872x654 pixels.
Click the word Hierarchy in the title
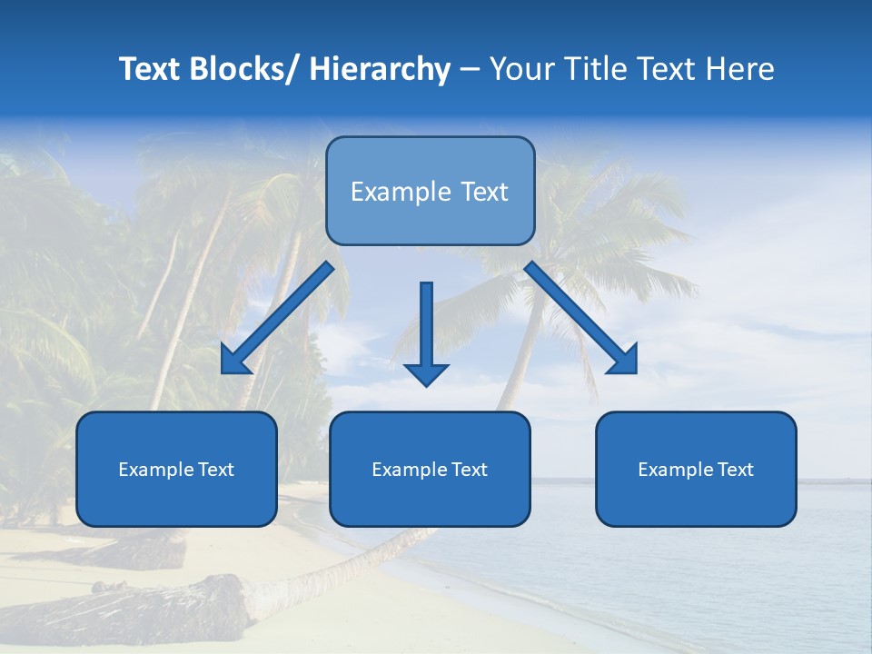[379, 70]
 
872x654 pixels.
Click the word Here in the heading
[741, 70]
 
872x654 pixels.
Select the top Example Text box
[430, 191]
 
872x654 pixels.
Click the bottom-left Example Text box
[176, 470]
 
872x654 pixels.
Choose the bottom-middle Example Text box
[430, 470]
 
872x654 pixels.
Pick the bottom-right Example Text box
[696, 470]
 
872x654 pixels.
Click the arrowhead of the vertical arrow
[427, 373]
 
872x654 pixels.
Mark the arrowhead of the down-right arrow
[624, 361]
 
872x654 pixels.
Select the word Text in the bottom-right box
[735, 470]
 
